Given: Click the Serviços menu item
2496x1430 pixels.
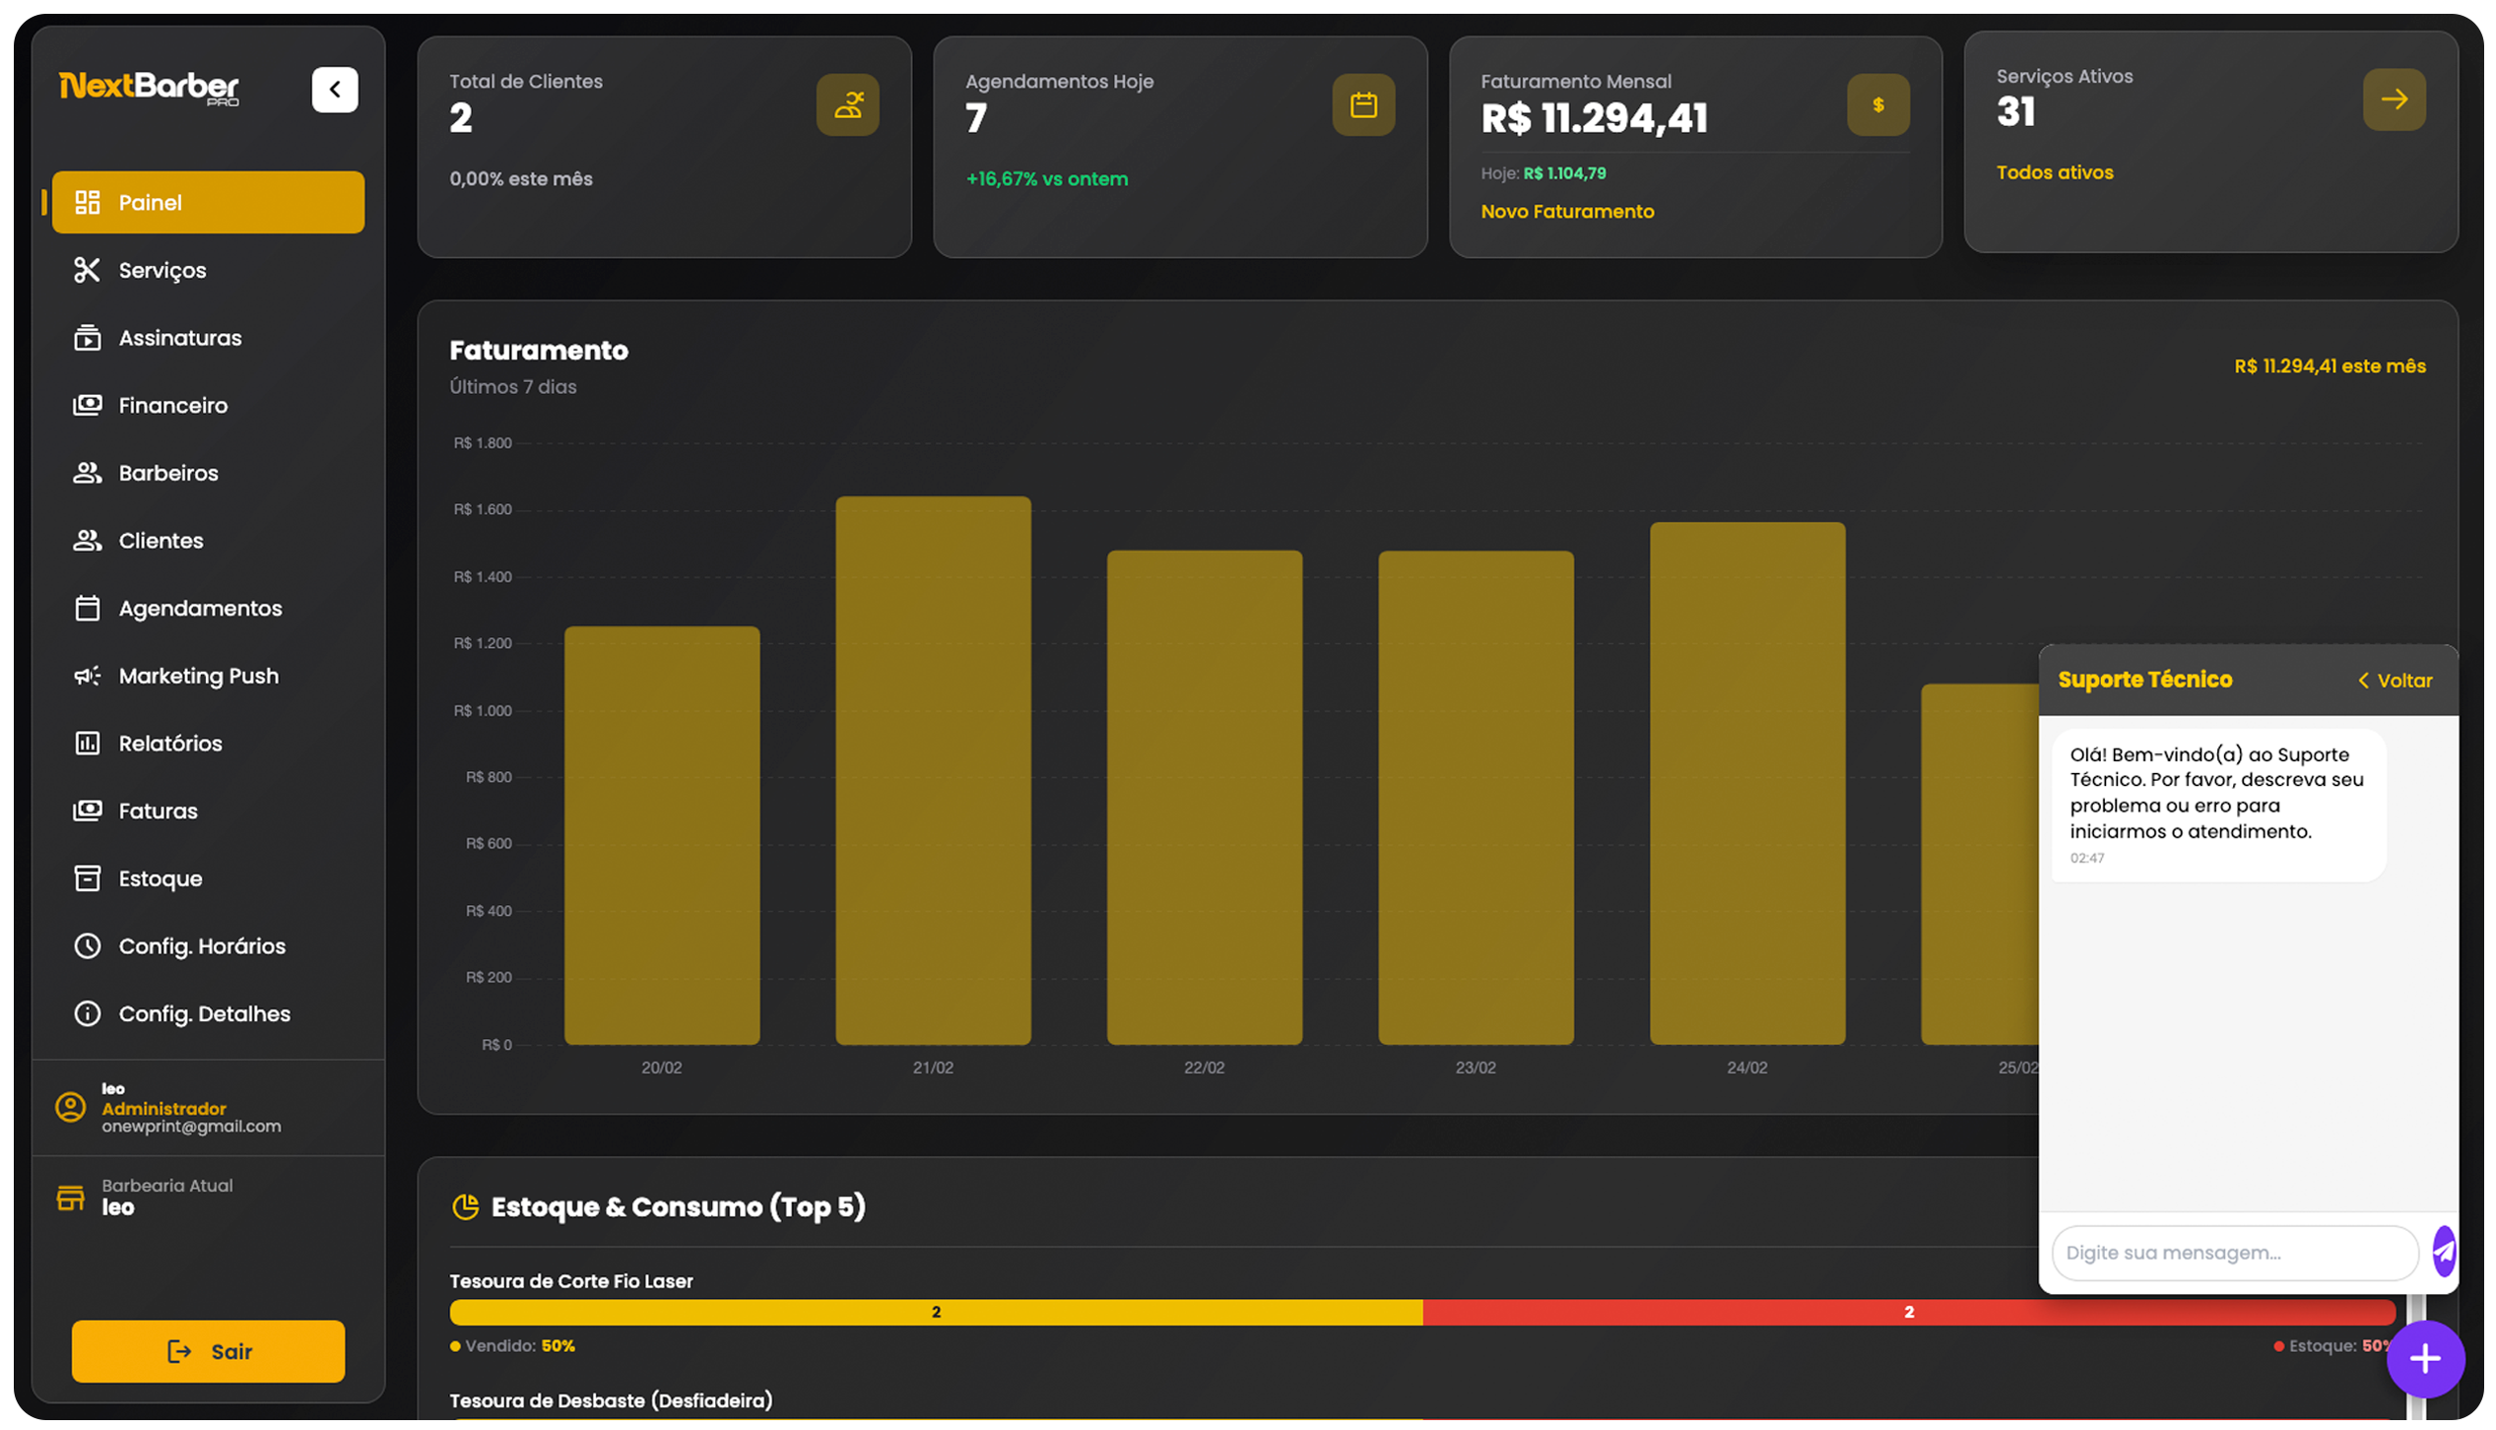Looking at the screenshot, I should [x=162, y=270].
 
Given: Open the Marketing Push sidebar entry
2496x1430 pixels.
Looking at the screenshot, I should [x=198, y=676].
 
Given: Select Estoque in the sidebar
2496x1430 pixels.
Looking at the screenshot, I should [x=160, y=878].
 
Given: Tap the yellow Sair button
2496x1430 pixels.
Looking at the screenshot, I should [x=208, y=1351].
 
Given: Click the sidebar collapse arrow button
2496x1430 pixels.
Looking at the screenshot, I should [x=335, y=90].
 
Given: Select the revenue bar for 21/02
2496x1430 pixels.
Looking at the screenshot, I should [x=933, y=770].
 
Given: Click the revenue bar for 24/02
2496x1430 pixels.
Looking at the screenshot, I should [x=1746, y=783].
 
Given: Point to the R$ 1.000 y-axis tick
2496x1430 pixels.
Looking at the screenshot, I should [x=483, y=710].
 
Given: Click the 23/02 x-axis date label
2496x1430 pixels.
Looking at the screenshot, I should [x=1475, y=1068].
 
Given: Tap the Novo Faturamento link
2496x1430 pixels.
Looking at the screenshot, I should [x=1567, y=212].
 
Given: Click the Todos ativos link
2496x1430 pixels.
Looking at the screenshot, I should [x=2055, y=172].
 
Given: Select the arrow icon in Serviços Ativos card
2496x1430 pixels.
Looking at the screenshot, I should [x=2394, y=99].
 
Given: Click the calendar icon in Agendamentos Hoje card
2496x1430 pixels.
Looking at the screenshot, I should [x=1363, y=104].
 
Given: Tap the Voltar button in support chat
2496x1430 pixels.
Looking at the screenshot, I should [x=2395, y=681].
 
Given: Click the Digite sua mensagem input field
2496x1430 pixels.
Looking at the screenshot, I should [x=2234, y=1253].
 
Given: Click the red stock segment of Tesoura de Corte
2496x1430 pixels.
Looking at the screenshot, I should [x=1908, y=1312].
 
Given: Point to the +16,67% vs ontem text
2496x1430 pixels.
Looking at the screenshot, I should [x=1046, y=179].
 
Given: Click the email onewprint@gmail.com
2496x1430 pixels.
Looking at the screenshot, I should [x=191, y=1127].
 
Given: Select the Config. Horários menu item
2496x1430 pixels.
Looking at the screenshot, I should [x=202, y=946].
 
